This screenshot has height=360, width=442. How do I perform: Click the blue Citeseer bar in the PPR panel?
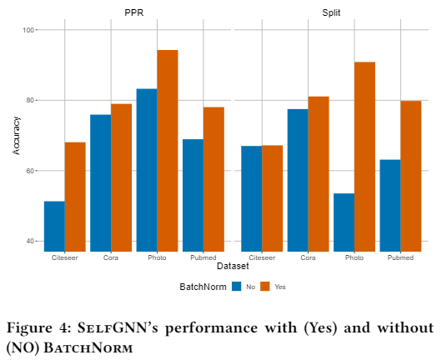click(x=54, y=226)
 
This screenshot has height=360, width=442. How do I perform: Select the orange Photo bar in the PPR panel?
click(x=168, y=151)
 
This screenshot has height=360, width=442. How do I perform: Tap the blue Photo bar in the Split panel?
click(x=344, y=222)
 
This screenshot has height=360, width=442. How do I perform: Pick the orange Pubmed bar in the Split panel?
click(x=410, y=177)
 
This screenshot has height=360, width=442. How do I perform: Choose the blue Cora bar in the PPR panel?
click(x=101, y=183)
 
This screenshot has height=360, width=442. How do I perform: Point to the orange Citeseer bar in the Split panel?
click(x=273, y=198)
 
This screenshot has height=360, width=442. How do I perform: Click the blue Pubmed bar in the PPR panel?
click(x=193, y=196)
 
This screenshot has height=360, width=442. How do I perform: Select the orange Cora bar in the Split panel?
click(x=319, y=174)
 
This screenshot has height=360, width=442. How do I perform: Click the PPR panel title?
click(x=134, y=12)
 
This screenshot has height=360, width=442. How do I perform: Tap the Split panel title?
click(x=331, y=12)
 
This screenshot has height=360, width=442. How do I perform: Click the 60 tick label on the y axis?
click(x=30, y=171)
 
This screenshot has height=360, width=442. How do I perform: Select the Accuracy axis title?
click(x=17, y=136)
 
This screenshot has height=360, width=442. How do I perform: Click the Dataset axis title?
click(x=233, y=266)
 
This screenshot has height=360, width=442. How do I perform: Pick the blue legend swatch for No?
click(x=237, y=287)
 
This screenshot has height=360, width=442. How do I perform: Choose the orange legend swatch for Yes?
click(x=265, y=287)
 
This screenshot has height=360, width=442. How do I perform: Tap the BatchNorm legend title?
click(x=203, y=287)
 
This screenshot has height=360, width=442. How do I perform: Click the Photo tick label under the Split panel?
click(x=354, y=257)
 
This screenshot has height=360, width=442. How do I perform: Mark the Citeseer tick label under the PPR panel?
click(x=65, y=257)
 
